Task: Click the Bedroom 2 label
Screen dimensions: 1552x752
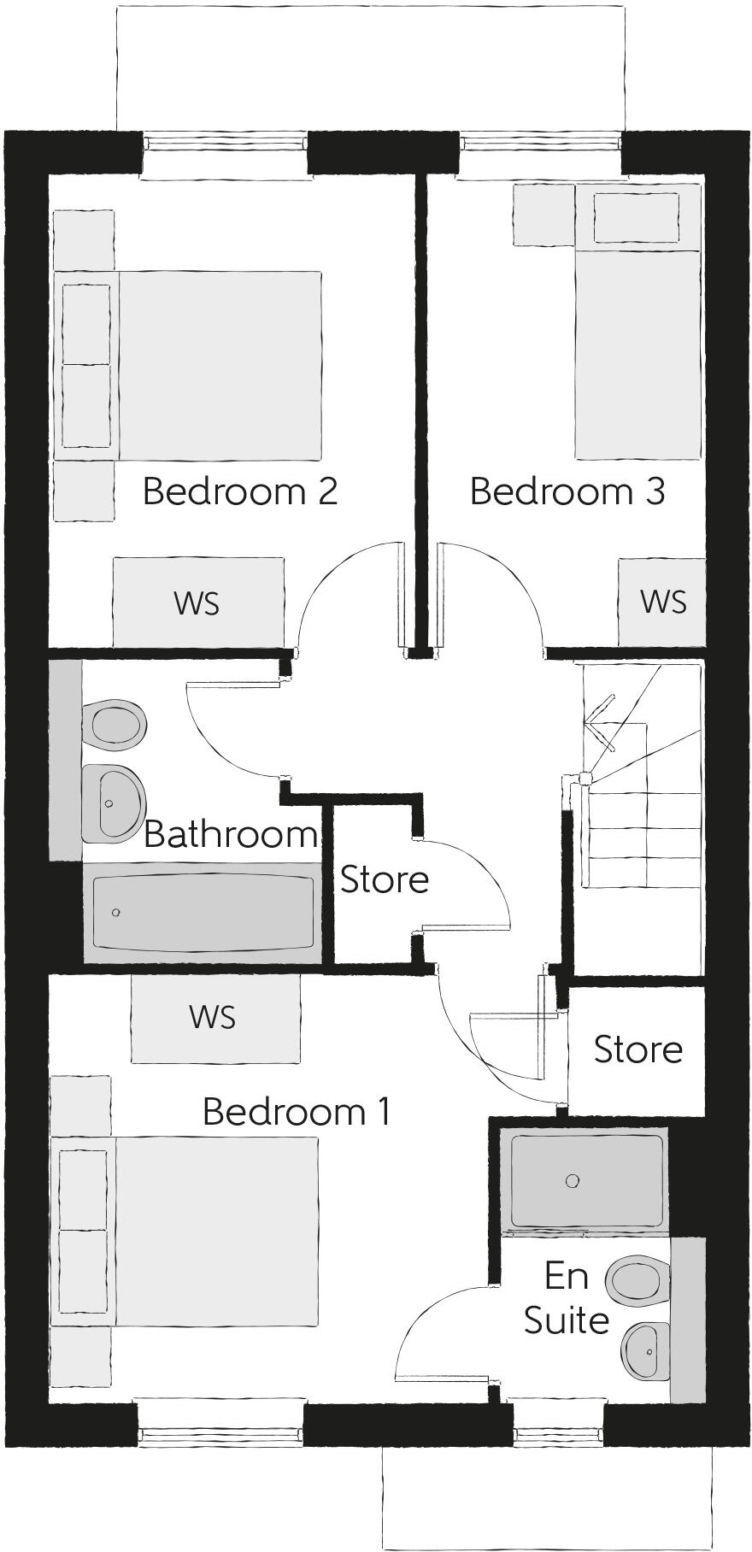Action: (x=240, y=491)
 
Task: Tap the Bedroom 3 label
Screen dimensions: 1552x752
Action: (x=567, y=491)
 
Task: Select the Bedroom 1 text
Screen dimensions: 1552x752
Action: (x=297, y=1112)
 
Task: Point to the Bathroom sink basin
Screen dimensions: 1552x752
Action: (x=115, y=802)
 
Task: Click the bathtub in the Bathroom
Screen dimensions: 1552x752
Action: (x=202, y=913)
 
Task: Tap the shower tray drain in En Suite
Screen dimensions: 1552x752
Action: (x=573, y=1181)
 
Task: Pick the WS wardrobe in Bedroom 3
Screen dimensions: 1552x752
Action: (x=662, y=602)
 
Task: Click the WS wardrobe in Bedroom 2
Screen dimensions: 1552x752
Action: (x=197, y=603)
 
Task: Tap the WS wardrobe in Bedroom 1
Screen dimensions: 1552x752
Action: (x=214, y=1017)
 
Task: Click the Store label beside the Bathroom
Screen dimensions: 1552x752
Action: (x=384, y=879)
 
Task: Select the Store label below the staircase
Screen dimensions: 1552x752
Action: (x=637, y=1049)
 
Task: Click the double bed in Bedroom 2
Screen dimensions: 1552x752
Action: (x=218, y=366)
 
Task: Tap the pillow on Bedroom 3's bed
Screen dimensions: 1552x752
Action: (x=637, y=218)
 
